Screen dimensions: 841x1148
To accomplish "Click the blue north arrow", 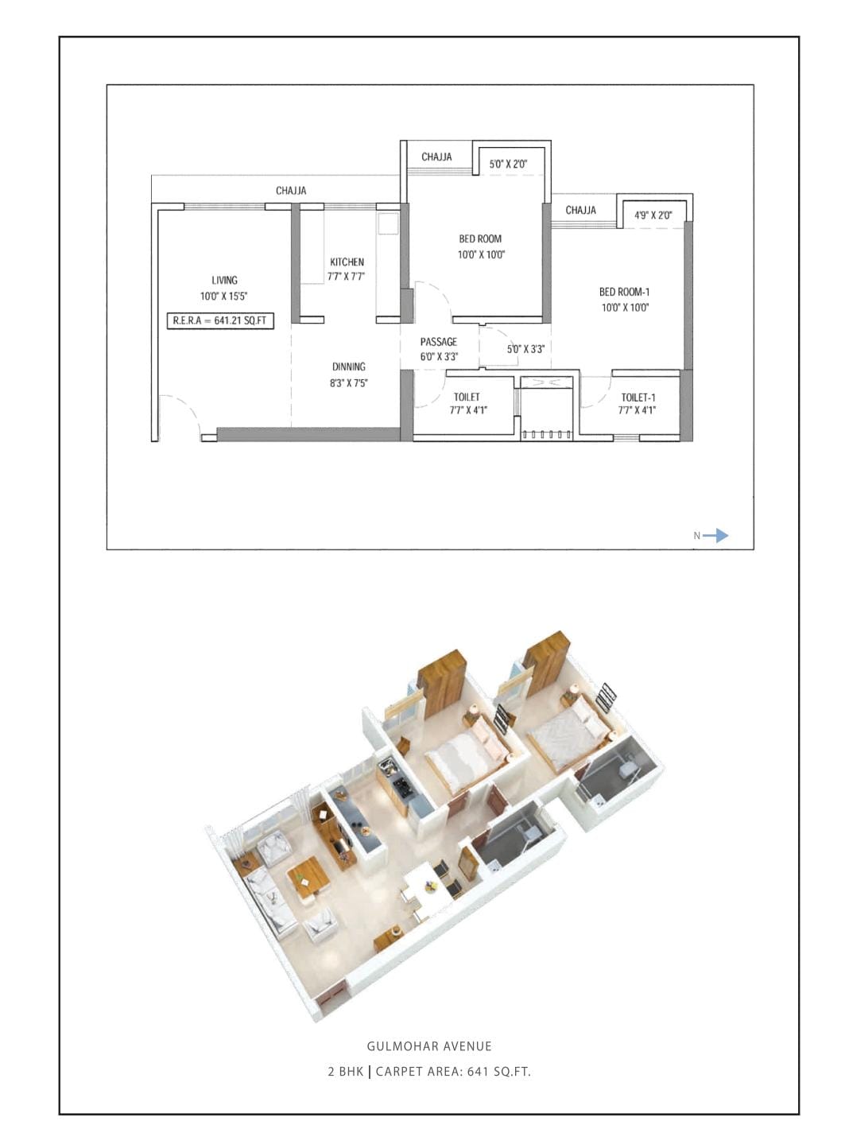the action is (715, 536).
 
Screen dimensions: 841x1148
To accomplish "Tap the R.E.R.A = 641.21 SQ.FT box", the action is (220, 321).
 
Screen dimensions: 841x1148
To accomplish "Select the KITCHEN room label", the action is (347, 262).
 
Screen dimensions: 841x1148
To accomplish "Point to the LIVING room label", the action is (224, 281).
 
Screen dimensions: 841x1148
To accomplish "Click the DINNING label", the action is (348, 367).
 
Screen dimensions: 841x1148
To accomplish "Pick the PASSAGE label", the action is (438, 342).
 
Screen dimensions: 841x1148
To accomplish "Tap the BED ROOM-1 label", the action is (624, 292).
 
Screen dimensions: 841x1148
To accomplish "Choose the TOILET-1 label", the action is (638, 398).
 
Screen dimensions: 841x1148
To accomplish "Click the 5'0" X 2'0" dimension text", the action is (508, 165).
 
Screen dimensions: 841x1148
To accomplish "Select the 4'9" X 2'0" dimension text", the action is (653, 215).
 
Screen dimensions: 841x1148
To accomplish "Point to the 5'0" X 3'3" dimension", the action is (525, 349).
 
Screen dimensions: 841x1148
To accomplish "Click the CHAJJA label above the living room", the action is (291, 191).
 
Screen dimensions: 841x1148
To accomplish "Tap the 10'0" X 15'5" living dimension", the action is (224, 297).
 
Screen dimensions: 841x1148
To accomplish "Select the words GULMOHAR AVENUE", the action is (429, 1046).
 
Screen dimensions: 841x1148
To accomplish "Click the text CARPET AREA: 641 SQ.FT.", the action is (453, 1071).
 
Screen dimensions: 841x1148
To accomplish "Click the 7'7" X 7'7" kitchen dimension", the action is (347, 277).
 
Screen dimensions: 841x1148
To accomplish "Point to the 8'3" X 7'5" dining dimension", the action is (348, 383).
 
